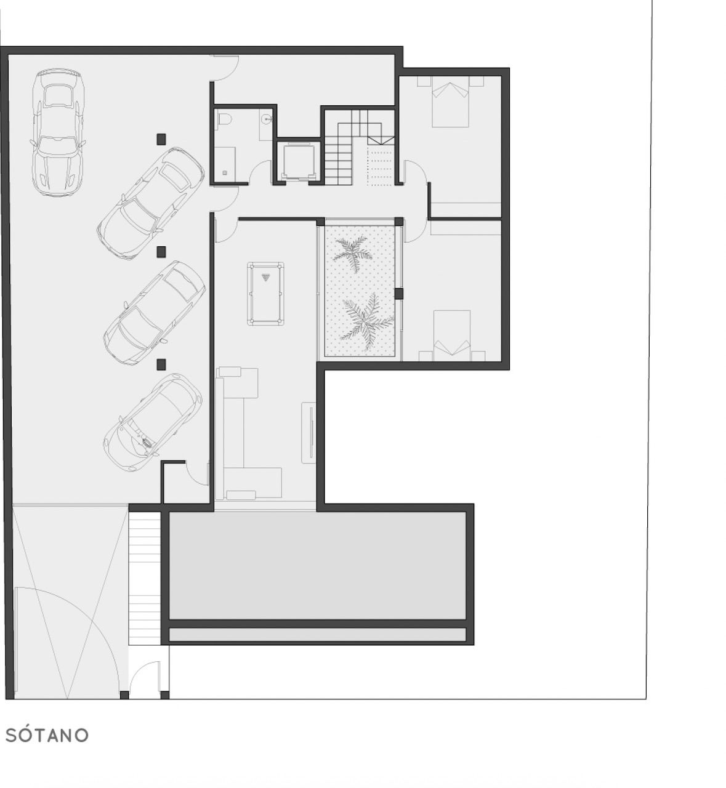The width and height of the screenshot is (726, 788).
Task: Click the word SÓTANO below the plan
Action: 47,735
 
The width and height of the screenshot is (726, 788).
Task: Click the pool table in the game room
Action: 265,293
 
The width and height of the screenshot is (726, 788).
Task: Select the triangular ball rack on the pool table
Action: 265,277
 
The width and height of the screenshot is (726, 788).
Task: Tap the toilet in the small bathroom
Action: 224,119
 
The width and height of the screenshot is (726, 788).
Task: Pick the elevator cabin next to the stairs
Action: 296,163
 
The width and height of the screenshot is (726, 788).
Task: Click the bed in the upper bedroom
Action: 450,102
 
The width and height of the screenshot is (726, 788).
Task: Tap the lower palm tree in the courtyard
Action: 366,321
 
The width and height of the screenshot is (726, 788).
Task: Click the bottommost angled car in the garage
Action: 152,423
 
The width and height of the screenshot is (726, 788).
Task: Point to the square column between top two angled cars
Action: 162,252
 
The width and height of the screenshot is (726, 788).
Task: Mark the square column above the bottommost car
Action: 161,364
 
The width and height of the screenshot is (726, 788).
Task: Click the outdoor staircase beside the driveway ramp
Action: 144,579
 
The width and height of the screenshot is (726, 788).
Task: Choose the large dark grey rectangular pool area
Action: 317,565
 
